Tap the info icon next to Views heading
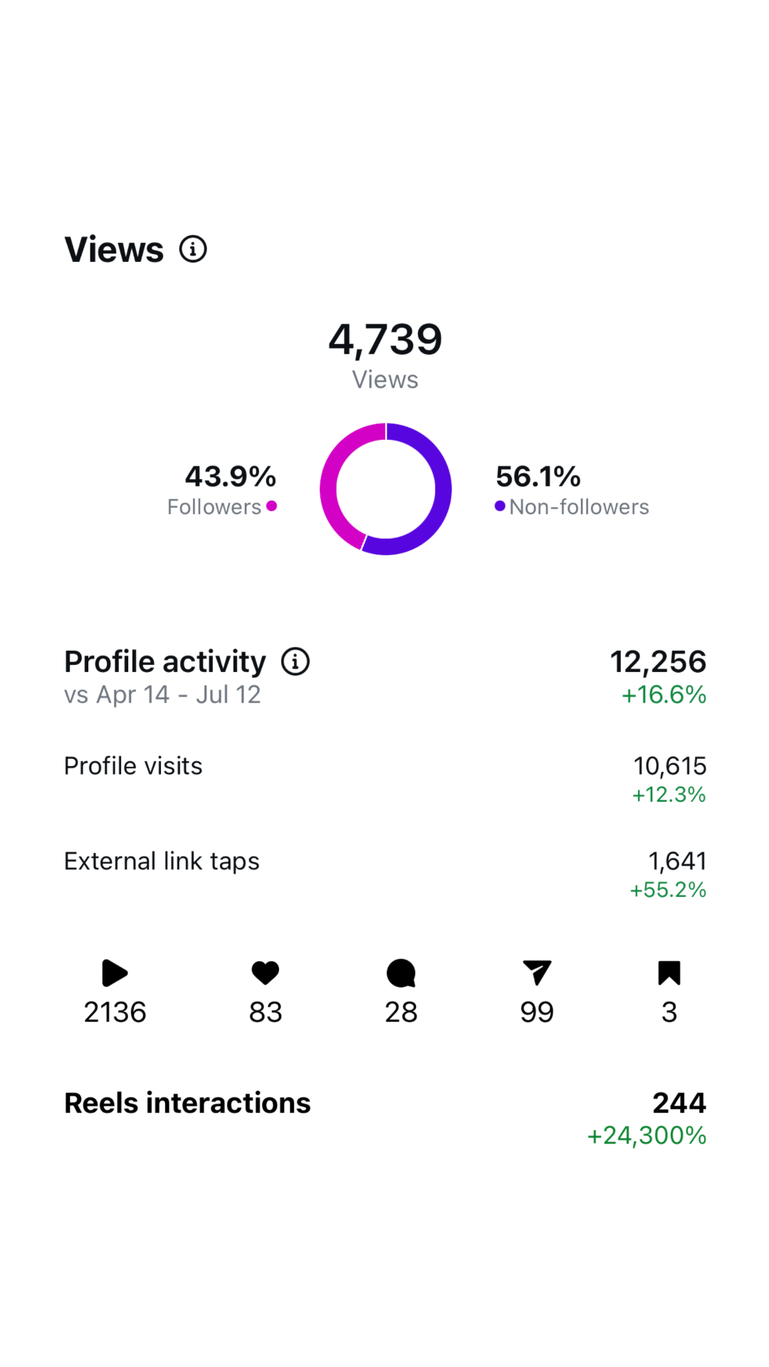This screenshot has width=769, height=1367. (193, 249)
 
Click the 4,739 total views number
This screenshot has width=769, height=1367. (385, 340)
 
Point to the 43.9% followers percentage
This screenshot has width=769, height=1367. (231, 476)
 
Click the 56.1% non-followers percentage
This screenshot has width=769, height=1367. (538, 476)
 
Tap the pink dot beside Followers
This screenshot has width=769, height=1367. (271, 506)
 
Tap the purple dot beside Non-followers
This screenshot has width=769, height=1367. (500, 506)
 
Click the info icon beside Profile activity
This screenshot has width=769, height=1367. (295, 661)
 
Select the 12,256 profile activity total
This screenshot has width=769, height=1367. (658, 661)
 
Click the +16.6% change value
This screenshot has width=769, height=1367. (664, 695)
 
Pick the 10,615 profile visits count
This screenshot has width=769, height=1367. (670, 766)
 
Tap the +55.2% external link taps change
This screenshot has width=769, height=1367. (668, 890)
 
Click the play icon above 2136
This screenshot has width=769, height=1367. (115, 973)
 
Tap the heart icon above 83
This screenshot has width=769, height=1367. (266, 973)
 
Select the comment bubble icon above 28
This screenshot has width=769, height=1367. (401, 973)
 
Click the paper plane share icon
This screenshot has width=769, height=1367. (537, 973)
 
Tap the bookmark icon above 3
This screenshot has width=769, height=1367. (669, 973)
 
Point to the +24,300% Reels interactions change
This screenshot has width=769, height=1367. (647, 1136)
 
